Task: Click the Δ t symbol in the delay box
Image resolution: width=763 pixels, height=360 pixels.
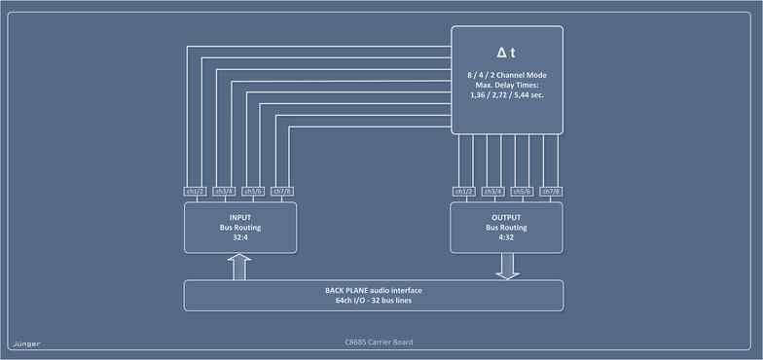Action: pos(506,52)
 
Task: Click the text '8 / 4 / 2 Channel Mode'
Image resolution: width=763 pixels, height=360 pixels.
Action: pos(506,76)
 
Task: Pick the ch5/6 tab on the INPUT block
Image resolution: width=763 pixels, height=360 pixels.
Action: pos(254,191)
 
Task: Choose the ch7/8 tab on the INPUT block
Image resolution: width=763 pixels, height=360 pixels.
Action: pos(282,191)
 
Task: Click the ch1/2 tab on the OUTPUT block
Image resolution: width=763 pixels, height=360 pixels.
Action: pos(465,191)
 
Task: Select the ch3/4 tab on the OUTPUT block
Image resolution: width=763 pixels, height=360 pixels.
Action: pos(493,191)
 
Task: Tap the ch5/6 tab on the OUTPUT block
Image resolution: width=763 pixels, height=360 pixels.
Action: pos(522,191)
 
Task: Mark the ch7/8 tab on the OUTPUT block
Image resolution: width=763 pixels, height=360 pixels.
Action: pos(550,191)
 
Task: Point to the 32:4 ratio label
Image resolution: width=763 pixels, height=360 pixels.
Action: pos(239,237)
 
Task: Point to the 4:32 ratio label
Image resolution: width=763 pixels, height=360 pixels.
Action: pos(506,237)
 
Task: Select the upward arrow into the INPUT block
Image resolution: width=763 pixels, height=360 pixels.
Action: pos(239,266)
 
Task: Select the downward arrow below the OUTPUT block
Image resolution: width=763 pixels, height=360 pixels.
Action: pos(506,266)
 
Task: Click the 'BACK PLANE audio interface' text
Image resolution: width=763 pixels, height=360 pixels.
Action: pos(373,290)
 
